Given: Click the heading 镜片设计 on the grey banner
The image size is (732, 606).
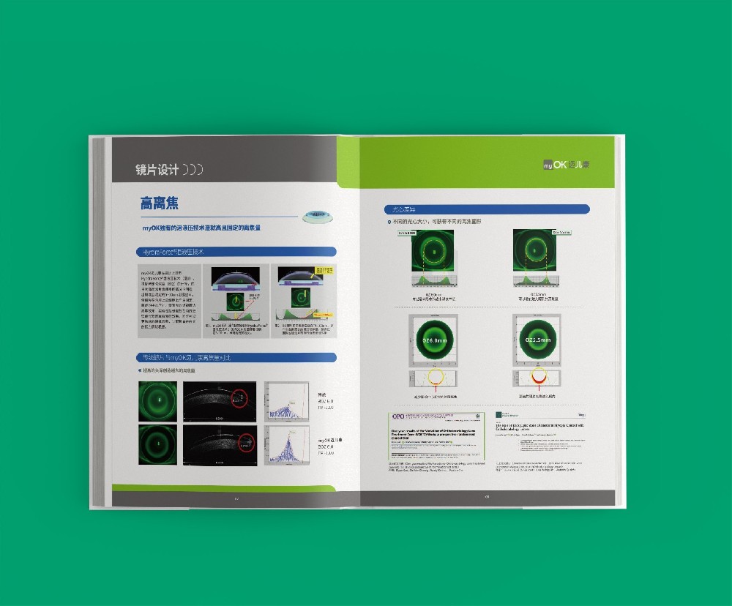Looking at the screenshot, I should tap(157, 169).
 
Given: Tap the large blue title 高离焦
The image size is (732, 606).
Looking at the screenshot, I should tap(160, 203).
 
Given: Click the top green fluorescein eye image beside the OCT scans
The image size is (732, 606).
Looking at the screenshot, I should tap(157, 401).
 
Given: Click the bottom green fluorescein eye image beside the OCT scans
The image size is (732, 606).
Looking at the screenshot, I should tap(157, 444).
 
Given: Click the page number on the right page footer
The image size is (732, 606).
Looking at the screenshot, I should tap(487, 497).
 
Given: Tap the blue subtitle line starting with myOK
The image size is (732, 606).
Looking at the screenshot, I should tap(202, 228).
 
